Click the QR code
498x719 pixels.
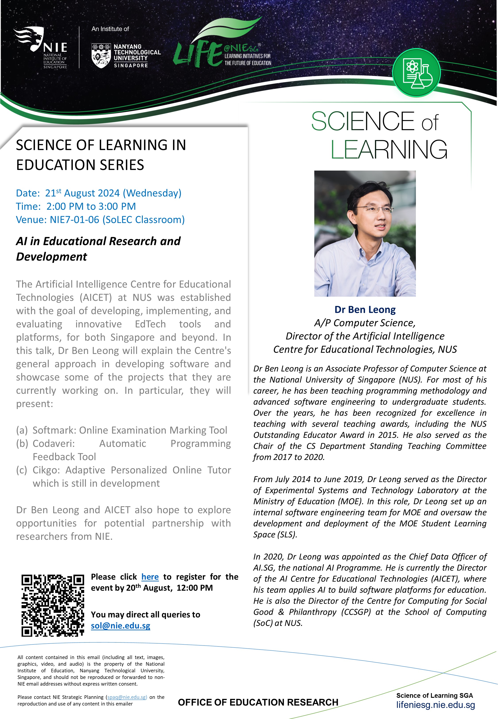click(x=53, y=605)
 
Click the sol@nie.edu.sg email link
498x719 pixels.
click(x=120, y=626)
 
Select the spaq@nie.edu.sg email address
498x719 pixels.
click(x=127, y=697)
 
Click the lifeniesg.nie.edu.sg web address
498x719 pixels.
click(x=435, y=705)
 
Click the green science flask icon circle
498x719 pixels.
click(x=416, y=73)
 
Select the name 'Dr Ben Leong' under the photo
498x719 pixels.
click(x=365, y=310)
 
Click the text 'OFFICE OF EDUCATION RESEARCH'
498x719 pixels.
click(x=258, y=702)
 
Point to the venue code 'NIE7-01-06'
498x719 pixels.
click(x=74, y=220)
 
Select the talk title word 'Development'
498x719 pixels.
click(x=52, y=257)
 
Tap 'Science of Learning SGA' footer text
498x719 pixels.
click(x=434, y=695)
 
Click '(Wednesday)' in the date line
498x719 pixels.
click(x=152, y=193)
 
